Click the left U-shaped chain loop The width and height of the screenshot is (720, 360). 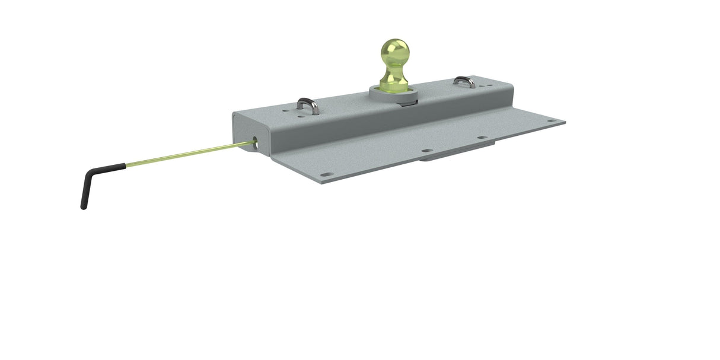(x=308, y=106)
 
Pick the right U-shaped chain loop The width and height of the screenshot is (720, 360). (x=464, y=81)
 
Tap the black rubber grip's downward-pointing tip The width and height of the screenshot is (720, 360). (x=83, y=206)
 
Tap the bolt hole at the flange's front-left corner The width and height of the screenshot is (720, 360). (x=326, y=175)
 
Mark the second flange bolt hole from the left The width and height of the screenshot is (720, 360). (x=425, y=151)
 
